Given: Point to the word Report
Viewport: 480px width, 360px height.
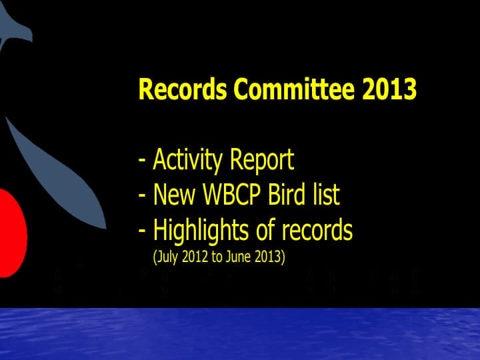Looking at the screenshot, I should (261, 161).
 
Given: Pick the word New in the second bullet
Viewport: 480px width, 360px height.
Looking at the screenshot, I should (170, 195).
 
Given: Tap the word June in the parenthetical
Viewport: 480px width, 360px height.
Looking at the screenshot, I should (239, 257).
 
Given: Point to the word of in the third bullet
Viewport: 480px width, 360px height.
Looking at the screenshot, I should (264, 231).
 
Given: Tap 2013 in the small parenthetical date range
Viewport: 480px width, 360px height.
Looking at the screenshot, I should (269, 257).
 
